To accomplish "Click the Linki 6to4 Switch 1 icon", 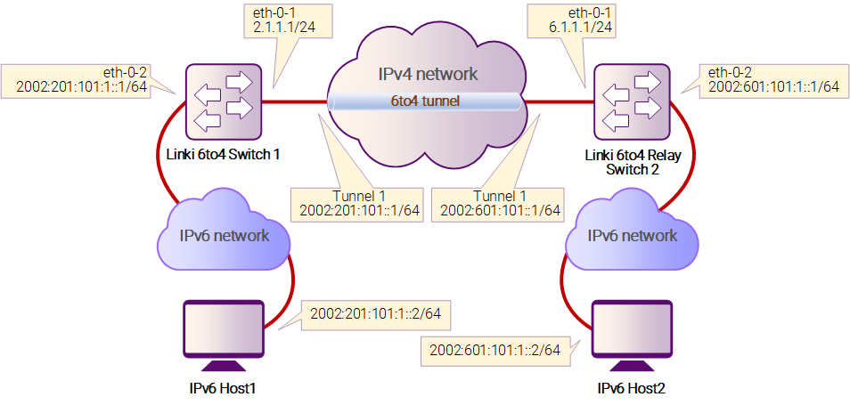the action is (x=224, y=101).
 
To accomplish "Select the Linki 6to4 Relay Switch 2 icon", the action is (x=632, y=101).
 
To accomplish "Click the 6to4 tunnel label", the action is (x=426, y=101).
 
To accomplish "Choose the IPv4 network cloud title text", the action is (x=428, y=74).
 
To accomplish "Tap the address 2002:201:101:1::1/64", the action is (x=82, y=86).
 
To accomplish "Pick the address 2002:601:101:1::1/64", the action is (x=773, y=86).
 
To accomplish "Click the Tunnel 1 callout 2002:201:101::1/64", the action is (x=356, y=204).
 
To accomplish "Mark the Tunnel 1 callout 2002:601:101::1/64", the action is (x=496, y=204).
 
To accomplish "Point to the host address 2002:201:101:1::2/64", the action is (x=375, y=313).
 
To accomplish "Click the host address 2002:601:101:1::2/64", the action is (x=494, y=350).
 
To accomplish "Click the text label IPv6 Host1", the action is (x=223, y=388).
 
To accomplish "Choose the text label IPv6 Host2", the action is (x=631, y=388).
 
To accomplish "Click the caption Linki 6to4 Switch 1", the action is (x=223, y=155).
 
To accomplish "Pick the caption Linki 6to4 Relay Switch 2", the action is (x=633, y=163).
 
